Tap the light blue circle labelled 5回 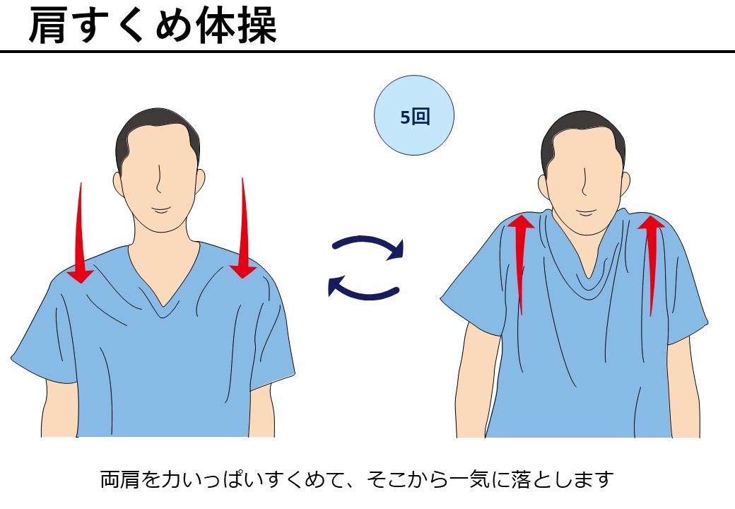pos(413,116)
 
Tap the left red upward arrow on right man pos(521,262)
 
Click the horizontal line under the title pos(367,52)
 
